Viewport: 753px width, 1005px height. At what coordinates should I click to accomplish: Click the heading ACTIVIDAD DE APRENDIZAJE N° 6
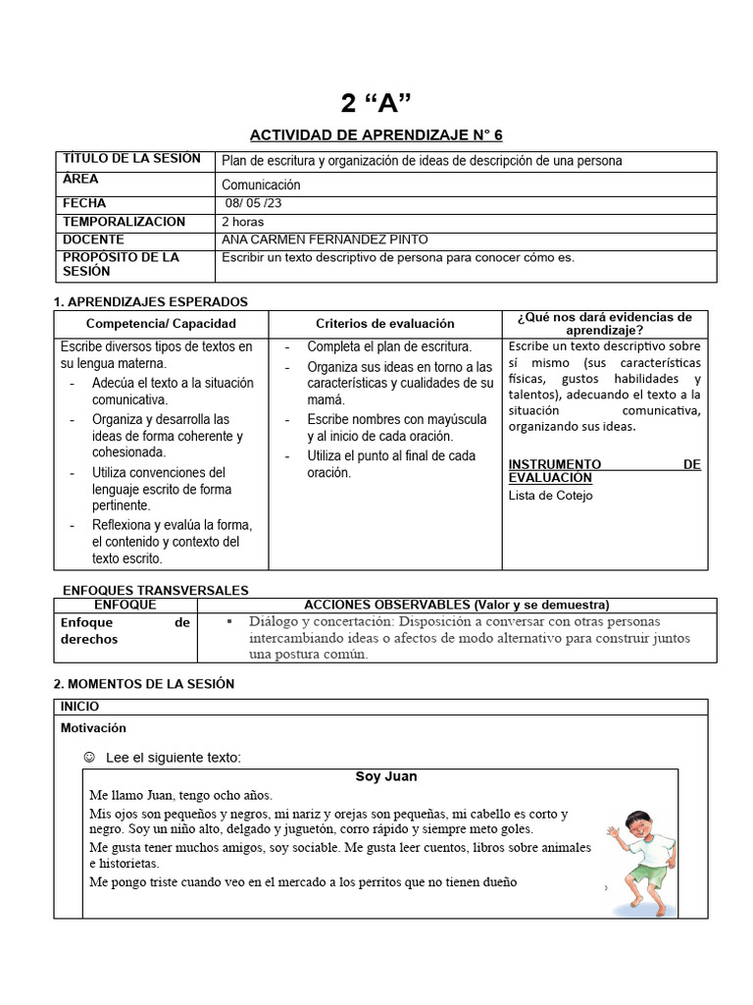click(x=376, y=134)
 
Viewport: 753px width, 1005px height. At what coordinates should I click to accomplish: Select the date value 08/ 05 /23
click(x=253, y=203)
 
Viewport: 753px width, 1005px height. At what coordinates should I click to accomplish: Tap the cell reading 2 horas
click(x=243, y=222)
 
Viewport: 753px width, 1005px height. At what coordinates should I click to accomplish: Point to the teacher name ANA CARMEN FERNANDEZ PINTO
click(x=325, y=239)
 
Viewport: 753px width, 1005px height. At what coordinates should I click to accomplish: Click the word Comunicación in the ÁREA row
click(x=261, y=185)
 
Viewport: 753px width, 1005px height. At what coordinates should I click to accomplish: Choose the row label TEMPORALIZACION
click(x=124, y=222)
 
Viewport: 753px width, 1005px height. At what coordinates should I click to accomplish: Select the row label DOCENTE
click(x=93, y=239)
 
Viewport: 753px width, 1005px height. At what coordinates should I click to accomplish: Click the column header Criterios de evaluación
click(x=385, y=323)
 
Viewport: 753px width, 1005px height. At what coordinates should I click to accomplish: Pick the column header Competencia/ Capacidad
click(x=161, y=323)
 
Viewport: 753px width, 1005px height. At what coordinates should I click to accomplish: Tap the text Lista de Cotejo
click(x=550, y=496)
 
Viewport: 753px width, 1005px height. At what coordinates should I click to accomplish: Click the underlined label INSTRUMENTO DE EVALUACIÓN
click(x=604, y=470)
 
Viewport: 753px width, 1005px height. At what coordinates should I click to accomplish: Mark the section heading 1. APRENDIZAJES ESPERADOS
click(x=150, y=301)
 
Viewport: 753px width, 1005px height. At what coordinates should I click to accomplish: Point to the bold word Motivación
click(x=93, y=728)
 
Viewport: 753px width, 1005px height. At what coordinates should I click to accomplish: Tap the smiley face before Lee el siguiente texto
click(x=90, y=757)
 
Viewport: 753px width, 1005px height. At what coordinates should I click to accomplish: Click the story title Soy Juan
click(x=385, y=776)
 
